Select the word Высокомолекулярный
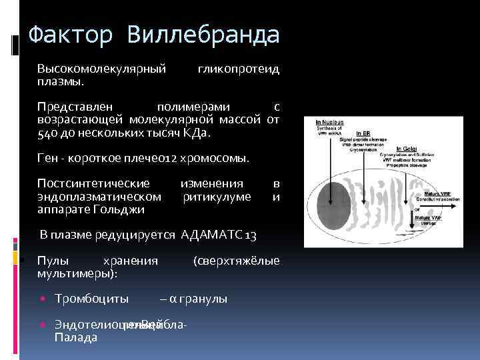coord(101,69)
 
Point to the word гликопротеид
coord(238,69)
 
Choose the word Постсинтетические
coord(93,183)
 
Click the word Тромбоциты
coord(91,298)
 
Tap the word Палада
coord(76,337)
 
